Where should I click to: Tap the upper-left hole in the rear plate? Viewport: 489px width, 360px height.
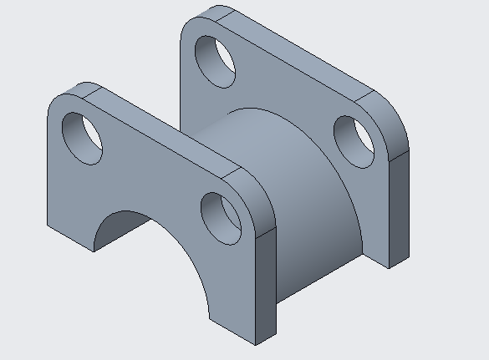click(x=215, y=59)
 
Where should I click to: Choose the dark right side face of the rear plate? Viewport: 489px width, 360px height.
click(x=399, y=209)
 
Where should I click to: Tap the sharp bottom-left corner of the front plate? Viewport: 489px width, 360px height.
click(x=48, y=223)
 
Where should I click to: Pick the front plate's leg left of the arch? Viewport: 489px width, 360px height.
click(x=71, y=200)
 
